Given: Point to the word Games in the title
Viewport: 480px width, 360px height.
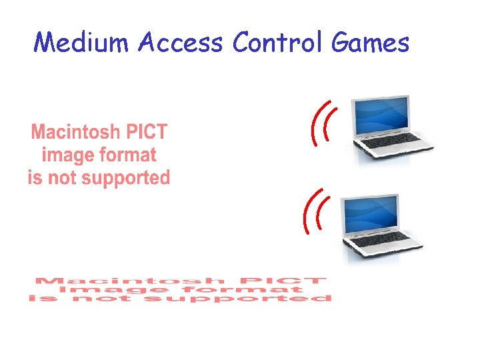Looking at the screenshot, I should click(369, 43).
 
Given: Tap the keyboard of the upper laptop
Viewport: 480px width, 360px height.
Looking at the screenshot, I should click(392, 141).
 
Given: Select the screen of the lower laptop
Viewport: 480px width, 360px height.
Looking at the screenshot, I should click(371, 215).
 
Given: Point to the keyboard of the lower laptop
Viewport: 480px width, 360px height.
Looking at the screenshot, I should click(381, 241).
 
